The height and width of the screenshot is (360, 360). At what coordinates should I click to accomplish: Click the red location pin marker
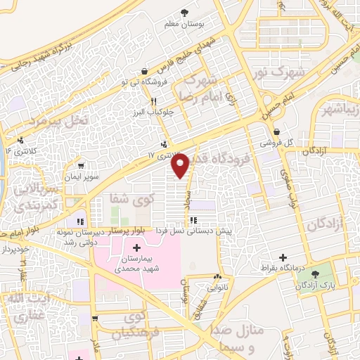click(181, 165)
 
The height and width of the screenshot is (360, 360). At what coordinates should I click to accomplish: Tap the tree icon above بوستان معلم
click(185, 13)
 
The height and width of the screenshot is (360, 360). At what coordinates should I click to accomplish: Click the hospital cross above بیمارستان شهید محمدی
click(136, 247)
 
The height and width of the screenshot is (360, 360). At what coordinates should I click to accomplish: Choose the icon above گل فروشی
click(277, 131)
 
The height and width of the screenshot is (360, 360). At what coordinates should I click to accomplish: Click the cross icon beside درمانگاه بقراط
click(283, 258)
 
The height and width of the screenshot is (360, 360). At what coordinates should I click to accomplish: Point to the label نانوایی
click(216, 287)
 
